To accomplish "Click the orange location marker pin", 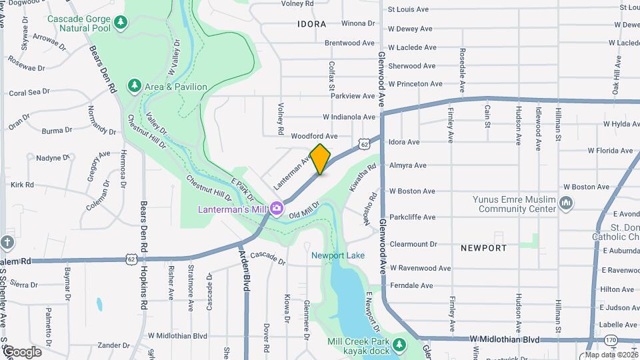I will tap(321, 159).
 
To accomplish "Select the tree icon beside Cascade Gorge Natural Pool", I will tap(120, 24).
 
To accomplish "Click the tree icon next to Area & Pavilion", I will tap(135, 86).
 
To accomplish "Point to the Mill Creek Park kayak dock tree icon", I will tap(399, 345).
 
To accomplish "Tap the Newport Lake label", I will tap(338, 255).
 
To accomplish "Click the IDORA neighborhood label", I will tap(312, 24).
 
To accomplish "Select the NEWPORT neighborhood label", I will tap(483, 248).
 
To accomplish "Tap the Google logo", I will tap(22, 352).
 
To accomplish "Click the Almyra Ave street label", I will tap(408, 165).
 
